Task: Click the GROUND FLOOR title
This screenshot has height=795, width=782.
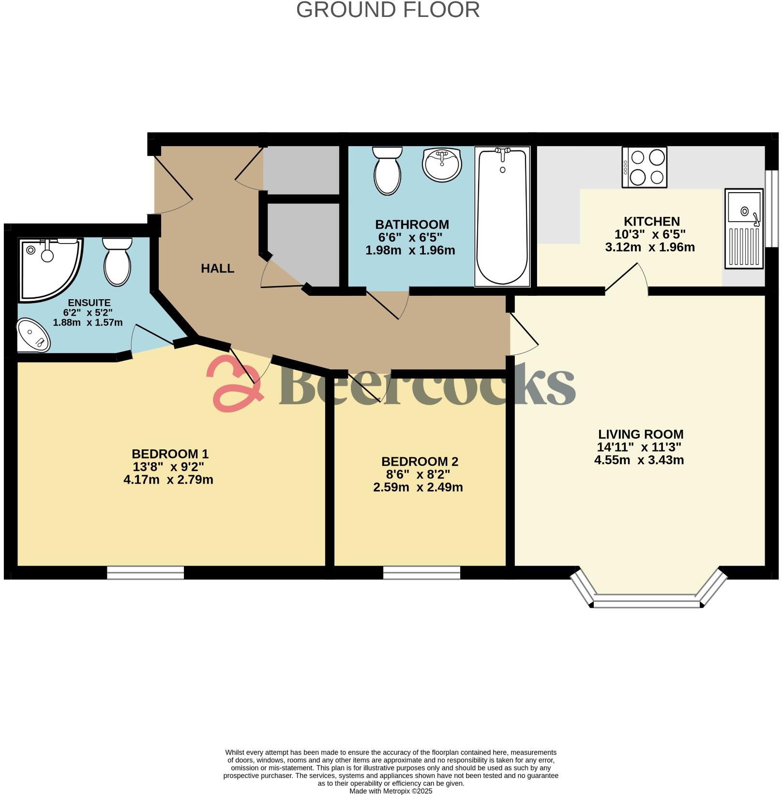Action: (x=388, y=10)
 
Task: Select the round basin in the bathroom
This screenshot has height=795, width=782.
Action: (x=441, y=165)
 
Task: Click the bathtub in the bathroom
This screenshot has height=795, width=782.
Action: (x=502, y=216)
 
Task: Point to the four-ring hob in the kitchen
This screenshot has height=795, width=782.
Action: (x=644, y=168)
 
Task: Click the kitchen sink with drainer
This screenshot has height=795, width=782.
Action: (x=744, y=229)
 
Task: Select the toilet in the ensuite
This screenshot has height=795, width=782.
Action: (x=118, y=261)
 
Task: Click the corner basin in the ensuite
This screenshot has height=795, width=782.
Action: (x=33, y=335)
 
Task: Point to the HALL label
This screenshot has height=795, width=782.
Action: (x=217, y=268)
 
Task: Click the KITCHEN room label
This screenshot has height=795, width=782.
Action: (x=651, y=222)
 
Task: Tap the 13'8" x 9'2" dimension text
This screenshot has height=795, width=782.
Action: (x=168, y=467)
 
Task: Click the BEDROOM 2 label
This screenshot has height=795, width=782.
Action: (x=420, y=461)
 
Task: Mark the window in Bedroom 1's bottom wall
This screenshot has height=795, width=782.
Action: (x=145, y=573)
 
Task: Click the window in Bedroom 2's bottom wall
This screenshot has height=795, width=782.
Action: (x=421, y=573)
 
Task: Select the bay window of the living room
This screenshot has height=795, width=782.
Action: (x=647, y=603)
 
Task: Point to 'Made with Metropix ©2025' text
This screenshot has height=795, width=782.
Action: (x=391, y=791)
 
